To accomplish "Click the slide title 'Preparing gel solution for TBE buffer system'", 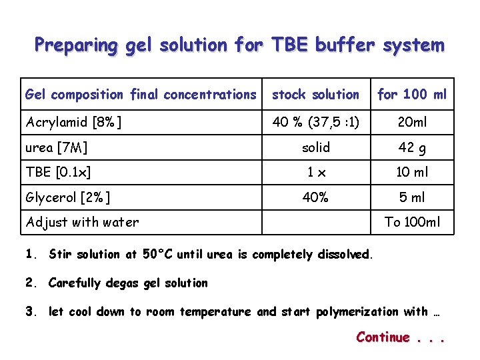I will pyautogui.click(x=239, y=45).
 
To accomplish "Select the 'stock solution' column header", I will pyautogui.click(x=315, y=95).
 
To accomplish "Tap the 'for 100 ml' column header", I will pyautogui.click(x=412, y=95).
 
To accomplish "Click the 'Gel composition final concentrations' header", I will pyautogui.click(x=140, y=95).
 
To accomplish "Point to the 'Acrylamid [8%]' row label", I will pyautogui.click(x=73, y=122).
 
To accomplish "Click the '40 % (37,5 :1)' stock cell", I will pyautogui.click(x=315, y=122).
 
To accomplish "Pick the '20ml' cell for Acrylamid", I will pyautogui.click(x=412, y=122).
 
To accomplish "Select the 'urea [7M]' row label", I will pyautogui.click(x=57, y=147).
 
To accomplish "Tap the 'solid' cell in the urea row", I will pyautogui.click(x=315, y=147).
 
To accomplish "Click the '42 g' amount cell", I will pyautogui.click(x=412, y=147).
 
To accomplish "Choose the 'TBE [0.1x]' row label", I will pyautogui.click(x=58, y=172).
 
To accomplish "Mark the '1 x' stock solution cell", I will pyautogui.click(x=315, y=172).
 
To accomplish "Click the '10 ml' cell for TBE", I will pyautogui.click(x=412, y=172).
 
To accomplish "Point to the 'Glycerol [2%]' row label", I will pyautogui.click(x=68, y=197).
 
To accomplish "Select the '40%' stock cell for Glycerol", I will pyautogui.click(x=315, y=197).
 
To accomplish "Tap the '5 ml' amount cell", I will pyautogui.click(x=412, y=197).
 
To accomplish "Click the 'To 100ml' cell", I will pyautogui.click(x=412, y=222).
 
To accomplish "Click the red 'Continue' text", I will pyautogui.click(x=383, y=337).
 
